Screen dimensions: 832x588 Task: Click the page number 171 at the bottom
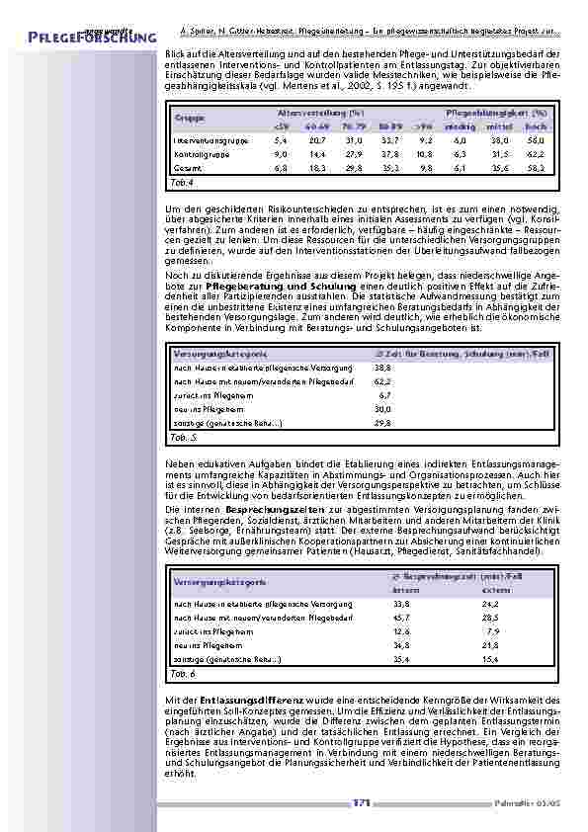click(x=361, y=802)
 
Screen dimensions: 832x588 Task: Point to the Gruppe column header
click(x=190, y=119)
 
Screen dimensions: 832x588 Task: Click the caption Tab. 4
click(x=183, y=183)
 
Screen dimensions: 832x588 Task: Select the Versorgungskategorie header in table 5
click(x=219, y=352)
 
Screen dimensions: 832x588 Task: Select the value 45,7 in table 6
click(x=401, y=616)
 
